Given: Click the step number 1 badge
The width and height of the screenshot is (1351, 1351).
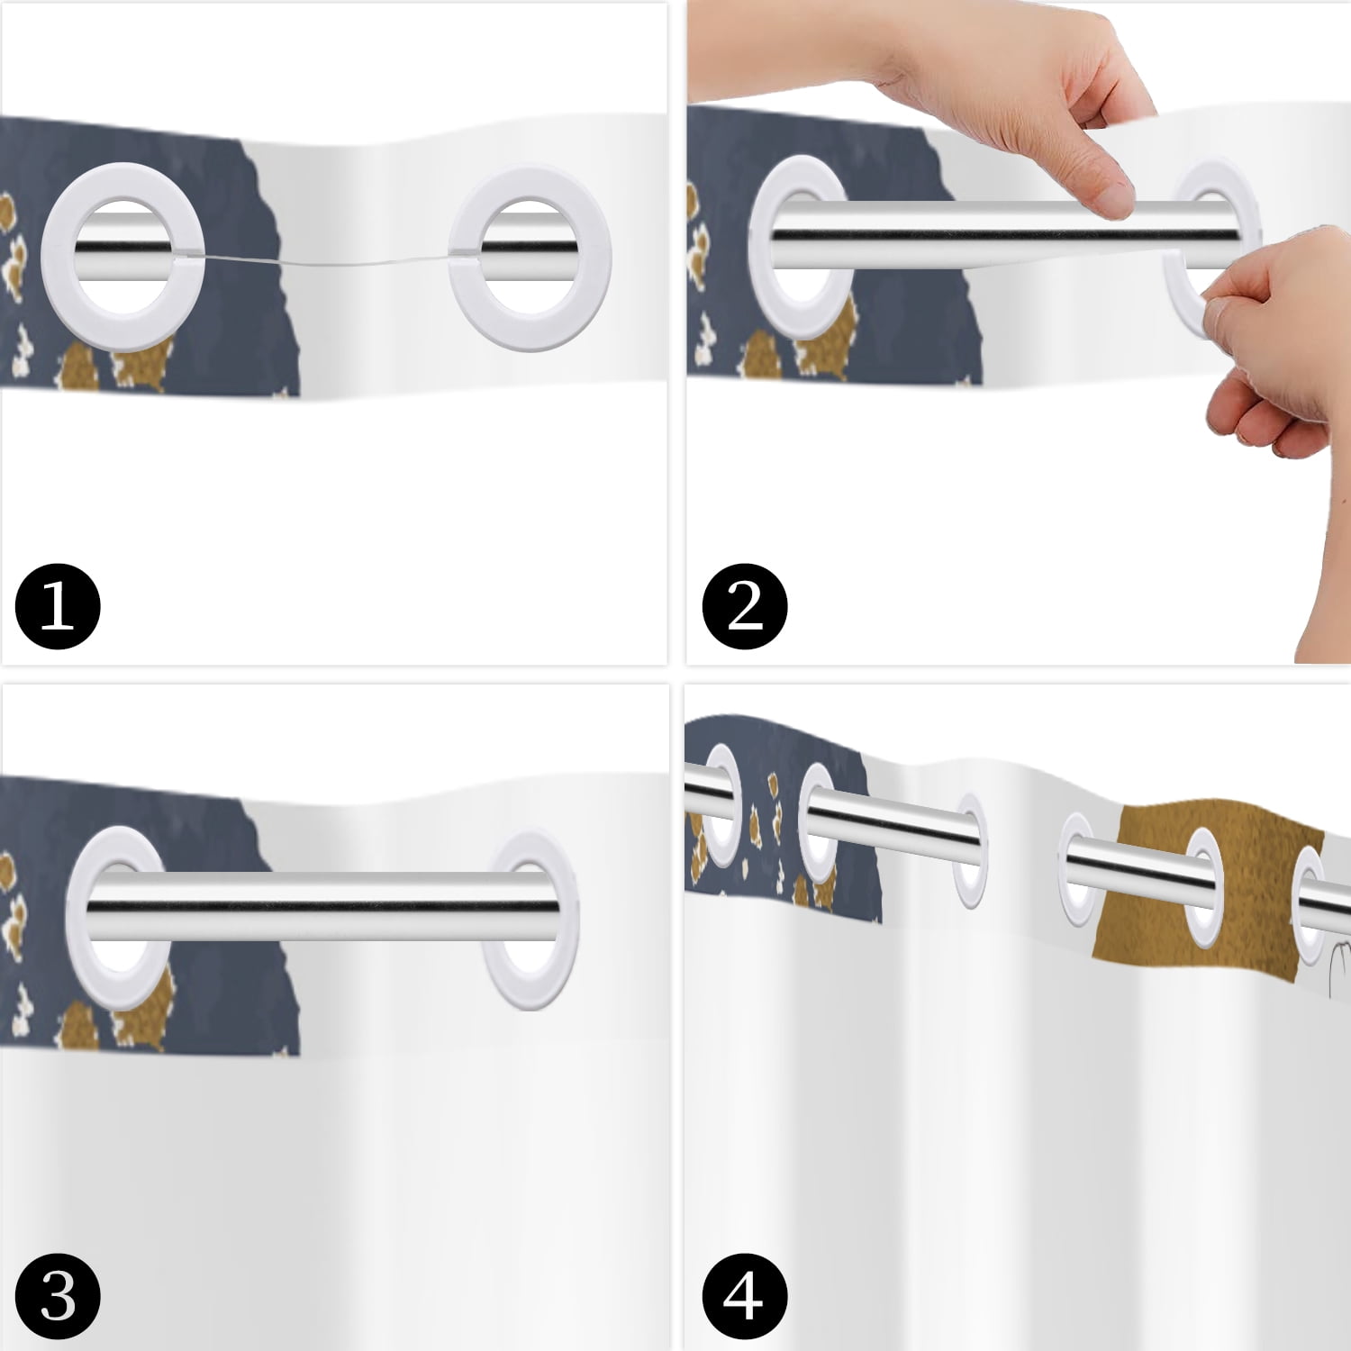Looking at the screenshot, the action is (58, 606).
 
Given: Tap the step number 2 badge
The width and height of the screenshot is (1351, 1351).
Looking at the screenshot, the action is (745, 606).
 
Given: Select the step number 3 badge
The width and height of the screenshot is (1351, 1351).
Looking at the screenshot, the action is (58, 1300).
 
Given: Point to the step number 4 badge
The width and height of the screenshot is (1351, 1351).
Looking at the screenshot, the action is (745, 1300).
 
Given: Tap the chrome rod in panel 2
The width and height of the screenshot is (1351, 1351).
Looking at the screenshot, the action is (991, 235).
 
